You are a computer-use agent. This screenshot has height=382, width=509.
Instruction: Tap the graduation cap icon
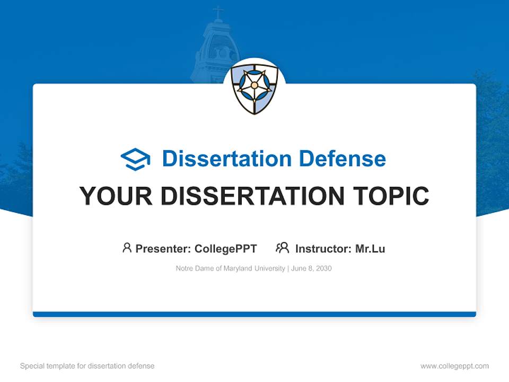pos(135,159)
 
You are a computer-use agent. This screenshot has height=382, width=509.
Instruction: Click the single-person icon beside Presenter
pos(127,248)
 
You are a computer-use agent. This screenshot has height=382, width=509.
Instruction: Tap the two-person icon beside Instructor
pos(283,248)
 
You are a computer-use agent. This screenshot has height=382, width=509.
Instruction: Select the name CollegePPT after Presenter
pos(226,248)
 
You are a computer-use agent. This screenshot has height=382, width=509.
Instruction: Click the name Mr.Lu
pos(370,248)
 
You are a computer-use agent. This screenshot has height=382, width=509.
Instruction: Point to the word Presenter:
pos(163,248)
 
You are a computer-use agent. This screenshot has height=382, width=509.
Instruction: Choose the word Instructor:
pos(323,248)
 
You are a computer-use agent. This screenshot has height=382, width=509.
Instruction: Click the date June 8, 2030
pos(312,268)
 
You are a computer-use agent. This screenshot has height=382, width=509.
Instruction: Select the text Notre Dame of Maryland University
pos(231,268)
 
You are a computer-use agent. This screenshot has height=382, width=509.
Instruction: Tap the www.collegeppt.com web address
pos(454,366)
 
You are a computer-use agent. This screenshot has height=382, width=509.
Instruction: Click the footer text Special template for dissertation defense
pos(87,366)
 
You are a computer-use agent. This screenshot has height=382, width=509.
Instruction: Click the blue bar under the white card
pos(254,314)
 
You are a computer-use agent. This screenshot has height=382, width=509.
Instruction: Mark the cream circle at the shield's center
pos(254,85)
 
